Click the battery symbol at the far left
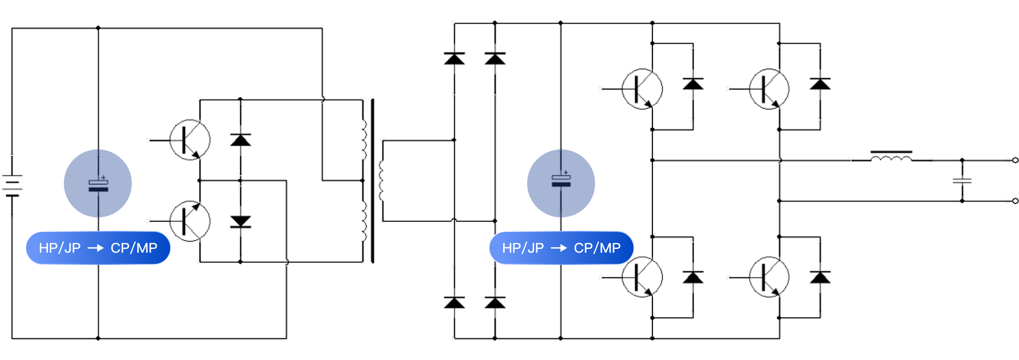pyautogui.click(x=12, y=185)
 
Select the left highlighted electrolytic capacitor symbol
pyautogui.click(x=98, y=185)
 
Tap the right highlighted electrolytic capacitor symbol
pyautogui.click(x=561, y=180)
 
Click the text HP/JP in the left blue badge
pyautogui.click(x=60, y=248)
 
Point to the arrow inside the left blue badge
pyautogui.click(x=95, y=248)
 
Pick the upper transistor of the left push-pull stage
pyautogui.click(x=190, y=140)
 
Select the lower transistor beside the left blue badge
pyautogui.click(x=190, y=221)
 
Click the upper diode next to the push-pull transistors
pyautogui.click(x=240, y=140)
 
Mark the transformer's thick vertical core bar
pyautogui.click(x=372, y=181)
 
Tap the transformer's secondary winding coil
pyautogui.click(x=381, y=181)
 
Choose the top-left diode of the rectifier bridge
pyautogui.click(x=454, y=58)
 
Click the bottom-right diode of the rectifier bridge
pyautogui.click(x=495, y=303)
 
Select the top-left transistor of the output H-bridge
pyautogui.click(x=642, y=89)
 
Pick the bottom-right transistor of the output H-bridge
pyautogui.click(x=769, y=277)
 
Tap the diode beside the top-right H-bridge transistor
pyautogui.click(x=820, y=84)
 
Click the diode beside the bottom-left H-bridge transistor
pyautogui.click(x=693, y=277)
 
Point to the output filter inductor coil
pyautogui.click(x=891, y=158)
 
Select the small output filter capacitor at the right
pyautogui.click(x=962, y=181)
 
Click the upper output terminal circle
pyautogui.click(x=1015, y=160)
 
